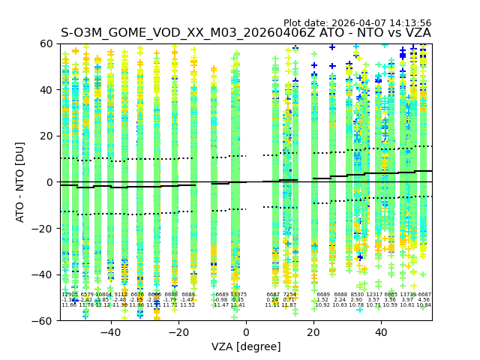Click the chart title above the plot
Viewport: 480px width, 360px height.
[x=246, y=33]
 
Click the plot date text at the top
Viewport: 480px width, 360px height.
[x=357, y=23]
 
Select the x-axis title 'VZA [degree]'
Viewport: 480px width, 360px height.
[x=246, y=346]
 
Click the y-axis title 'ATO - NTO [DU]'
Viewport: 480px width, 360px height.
[x=20, y=182]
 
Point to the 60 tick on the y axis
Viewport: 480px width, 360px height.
[x=46, y=43]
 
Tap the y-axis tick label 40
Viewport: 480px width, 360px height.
[x=46, y=90]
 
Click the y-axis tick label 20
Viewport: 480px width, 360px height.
[x=46, y=136]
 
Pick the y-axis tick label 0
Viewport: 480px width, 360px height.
[x=49, y=182]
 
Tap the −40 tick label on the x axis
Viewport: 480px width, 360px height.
[x=110, y=332]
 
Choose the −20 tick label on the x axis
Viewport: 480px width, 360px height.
[x=178, y=332]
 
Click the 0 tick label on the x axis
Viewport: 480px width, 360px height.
[x=246, y=332]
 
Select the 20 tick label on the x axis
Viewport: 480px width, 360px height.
[x=313, y=332]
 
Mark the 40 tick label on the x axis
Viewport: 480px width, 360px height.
[x=381, y=332]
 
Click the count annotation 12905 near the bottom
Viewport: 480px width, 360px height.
[x=70, y=295]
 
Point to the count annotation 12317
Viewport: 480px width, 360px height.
[x=373, y=295]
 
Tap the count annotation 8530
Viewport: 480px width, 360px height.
[x=357, y=295]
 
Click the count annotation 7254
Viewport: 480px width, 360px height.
[x=289, y=295]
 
